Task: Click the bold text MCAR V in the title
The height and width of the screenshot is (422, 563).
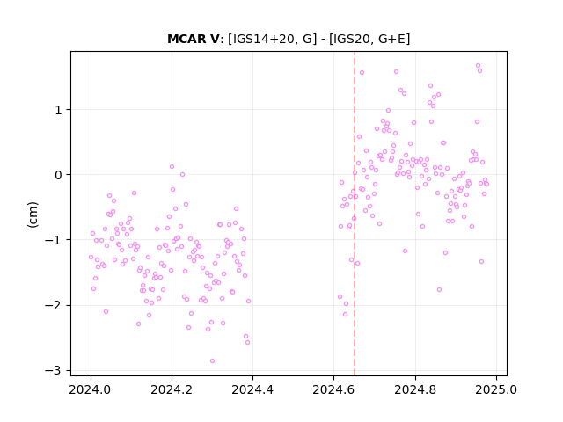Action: tap(193, 39)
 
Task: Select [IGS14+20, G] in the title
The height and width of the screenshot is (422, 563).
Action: tap(273, 39)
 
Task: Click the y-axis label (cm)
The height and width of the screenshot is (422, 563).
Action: tap(33, 215)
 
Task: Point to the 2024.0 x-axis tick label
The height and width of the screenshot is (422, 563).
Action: tap(91, 389)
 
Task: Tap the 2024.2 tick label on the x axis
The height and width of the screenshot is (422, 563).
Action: tap(172, 389)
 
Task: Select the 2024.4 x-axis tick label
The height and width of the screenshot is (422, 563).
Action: tap(252, 389)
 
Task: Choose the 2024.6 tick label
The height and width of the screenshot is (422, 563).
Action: tap(334, 389)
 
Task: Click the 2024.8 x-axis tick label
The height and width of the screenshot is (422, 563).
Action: tap(415, 389)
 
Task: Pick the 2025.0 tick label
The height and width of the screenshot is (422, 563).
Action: tap(496, 389)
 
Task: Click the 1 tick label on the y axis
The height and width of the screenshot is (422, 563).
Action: tap(58, 110)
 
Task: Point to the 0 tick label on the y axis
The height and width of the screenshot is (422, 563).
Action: tap(58, 175)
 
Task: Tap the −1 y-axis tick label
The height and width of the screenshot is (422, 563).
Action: tap(53, 240)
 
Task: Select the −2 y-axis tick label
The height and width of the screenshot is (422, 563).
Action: tap(53, 305)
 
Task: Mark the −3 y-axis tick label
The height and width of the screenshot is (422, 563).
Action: tap(53, 370)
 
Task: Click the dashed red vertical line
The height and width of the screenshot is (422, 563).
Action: tap(355, 214)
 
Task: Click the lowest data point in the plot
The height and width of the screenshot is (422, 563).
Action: tap(213, 361)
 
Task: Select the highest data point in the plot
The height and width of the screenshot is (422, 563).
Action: tap(478, 66)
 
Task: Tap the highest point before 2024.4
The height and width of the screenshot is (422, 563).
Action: tap(172, 166)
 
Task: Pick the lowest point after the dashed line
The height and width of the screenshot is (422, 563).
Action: tap(439, 289)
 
